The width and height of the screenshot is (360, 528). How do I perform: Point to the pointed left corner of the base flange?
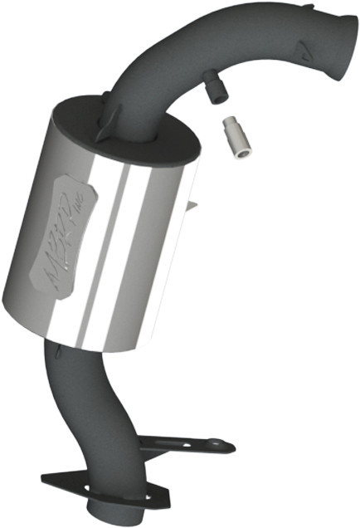tap(41, 478)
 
